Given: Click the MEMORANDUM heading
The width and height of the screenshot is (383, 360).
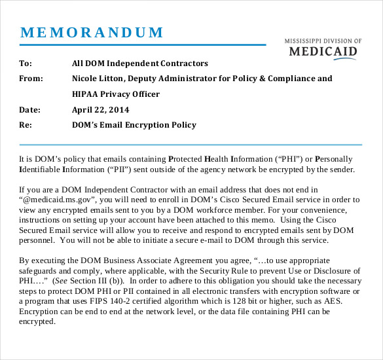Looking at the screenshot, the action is click(x=92, y=33).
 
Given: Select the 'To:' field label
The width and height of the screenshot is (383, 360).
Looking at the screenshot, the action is click(x=26, y=63).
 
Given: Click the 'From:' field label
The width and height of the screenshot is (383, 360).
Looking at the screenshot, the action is click(x=31, y=79).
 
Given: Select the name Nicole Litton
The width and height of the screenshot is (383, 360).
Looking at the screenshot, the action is click(x=98, y=79).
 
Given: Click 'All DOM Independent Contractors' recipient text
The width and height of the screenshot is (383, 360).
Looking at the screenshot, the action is click(x=139, y=63).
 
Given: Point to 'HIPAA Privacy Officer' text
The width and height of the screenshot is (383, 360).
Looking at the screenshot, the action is click(x=115, y=94).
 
